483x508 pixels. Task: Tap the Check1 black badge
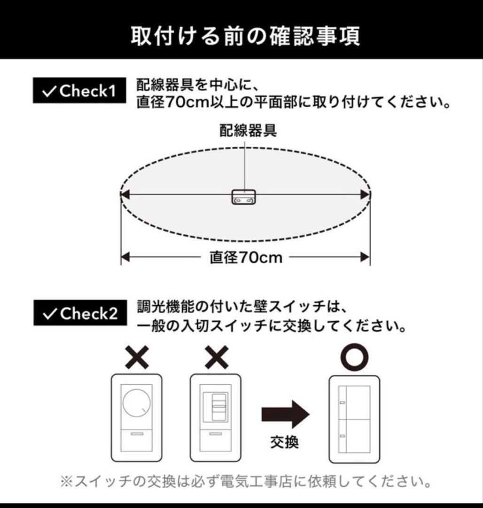click(80, 91)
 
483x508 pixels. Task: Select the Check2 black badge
click(80, 313)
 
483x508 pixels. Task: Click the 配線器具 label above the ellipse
click(248, 130)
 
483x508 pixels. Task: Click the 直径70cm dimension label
click(246, 257)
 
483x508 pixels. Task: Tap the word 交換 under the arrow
click(285, 442)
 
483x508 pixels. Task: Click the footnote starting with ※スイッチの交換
click(246, 482)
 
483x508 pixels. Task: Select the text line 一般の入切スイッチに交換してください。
click(272, 325)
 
